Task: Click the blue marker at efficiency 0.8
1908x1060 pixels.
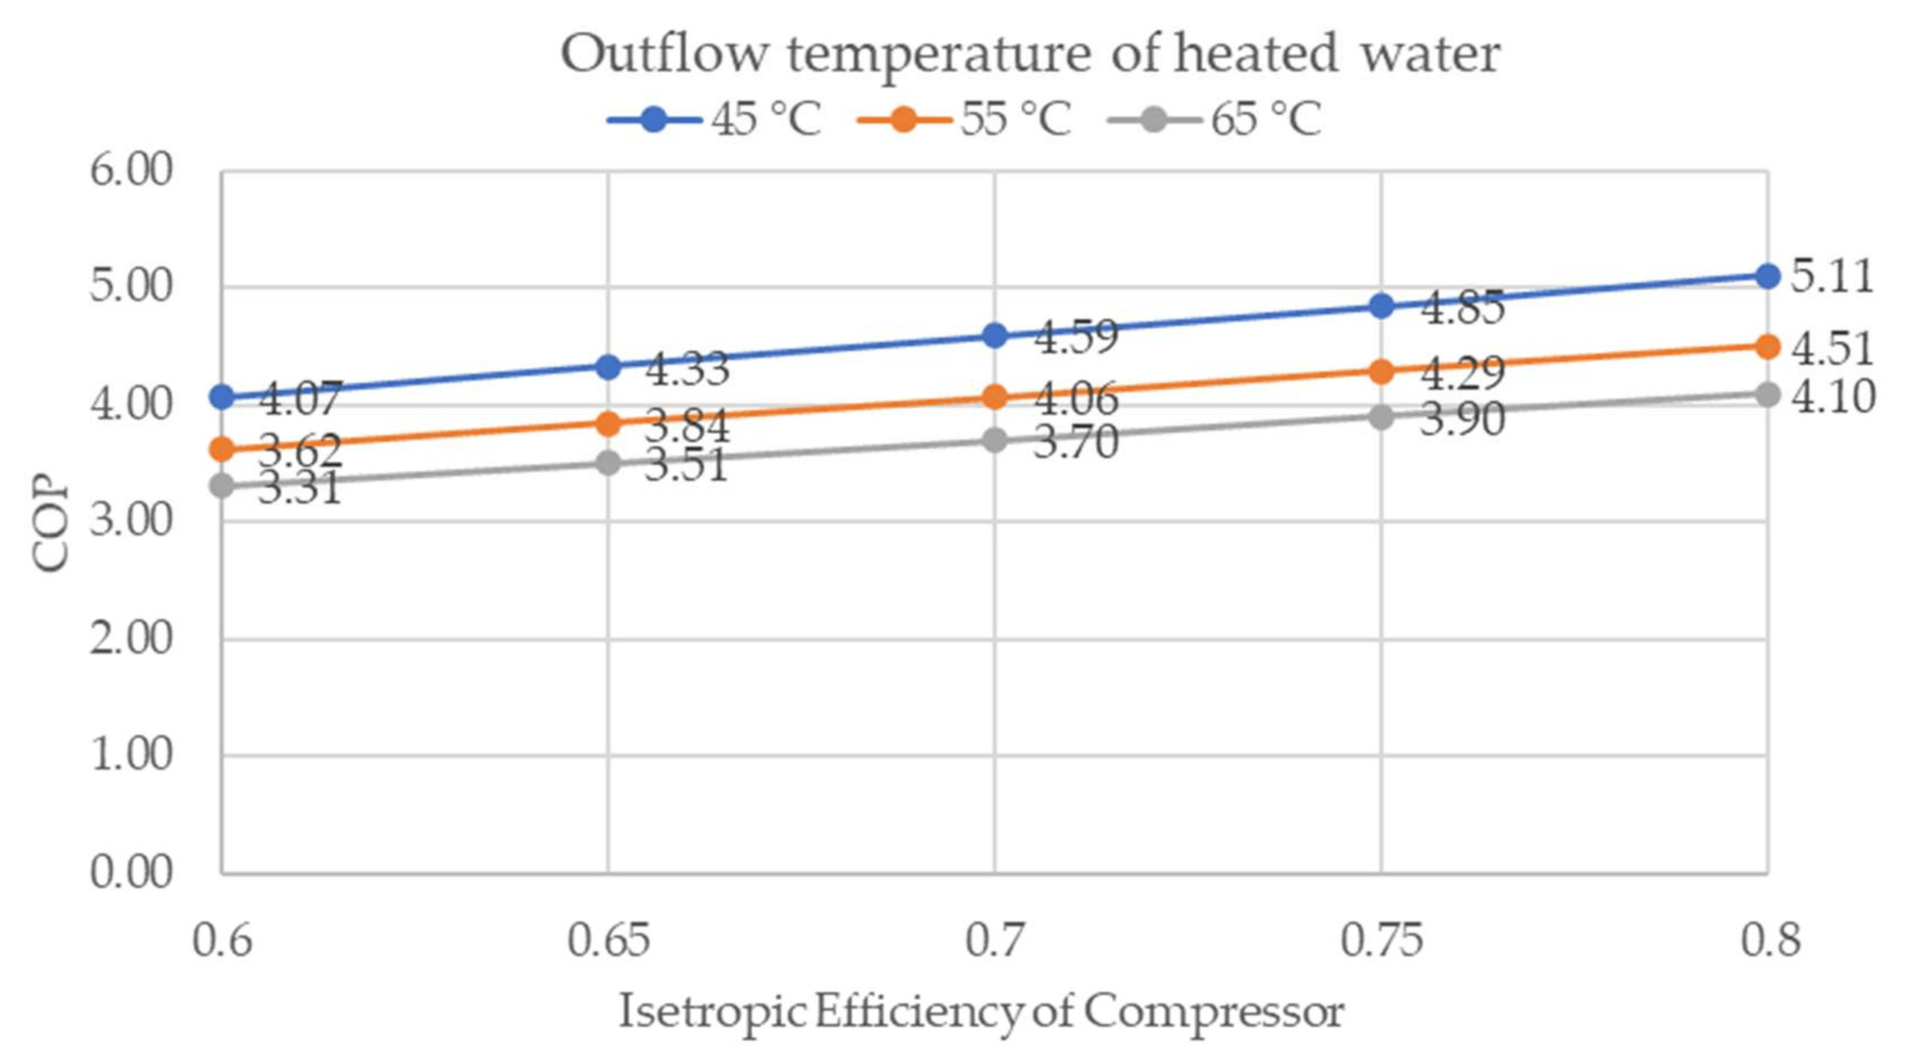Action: coord(1767,276)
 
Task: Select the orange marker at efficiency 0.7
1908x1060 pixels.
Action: coord(995,397)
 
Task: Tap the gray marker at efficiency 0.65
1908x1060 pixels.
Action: coord(608,463)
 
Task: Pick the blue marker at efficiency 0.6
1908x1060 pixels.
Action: coord(222,397)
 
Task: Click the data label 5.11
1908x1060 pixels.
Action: coord(1831,276)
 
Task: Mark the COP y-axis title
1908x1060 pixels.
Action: coord(51,522)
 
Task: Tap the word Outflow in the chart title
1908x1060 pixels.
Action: coord(663,54)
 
